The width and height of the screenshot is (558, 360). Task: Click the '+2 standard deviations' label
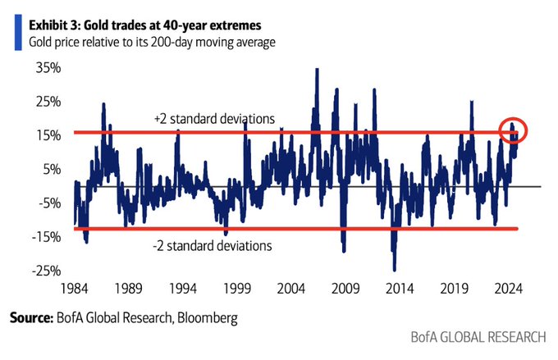pyautogui.click(x=213, y=119)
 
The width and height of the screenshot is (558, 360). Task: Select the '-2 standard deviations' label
pyautogui.click(x=212, y=244)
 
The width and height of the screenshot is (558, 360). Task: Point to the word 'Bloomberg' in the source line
pyautogui.click(x=209, y=317)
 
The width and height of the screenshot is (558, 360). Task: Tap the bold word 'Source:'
pyautogui.click(x=32, y=317)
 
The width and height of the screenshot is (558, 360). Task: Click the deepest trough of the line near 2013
pyautogui.click(x=395, y=269)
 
